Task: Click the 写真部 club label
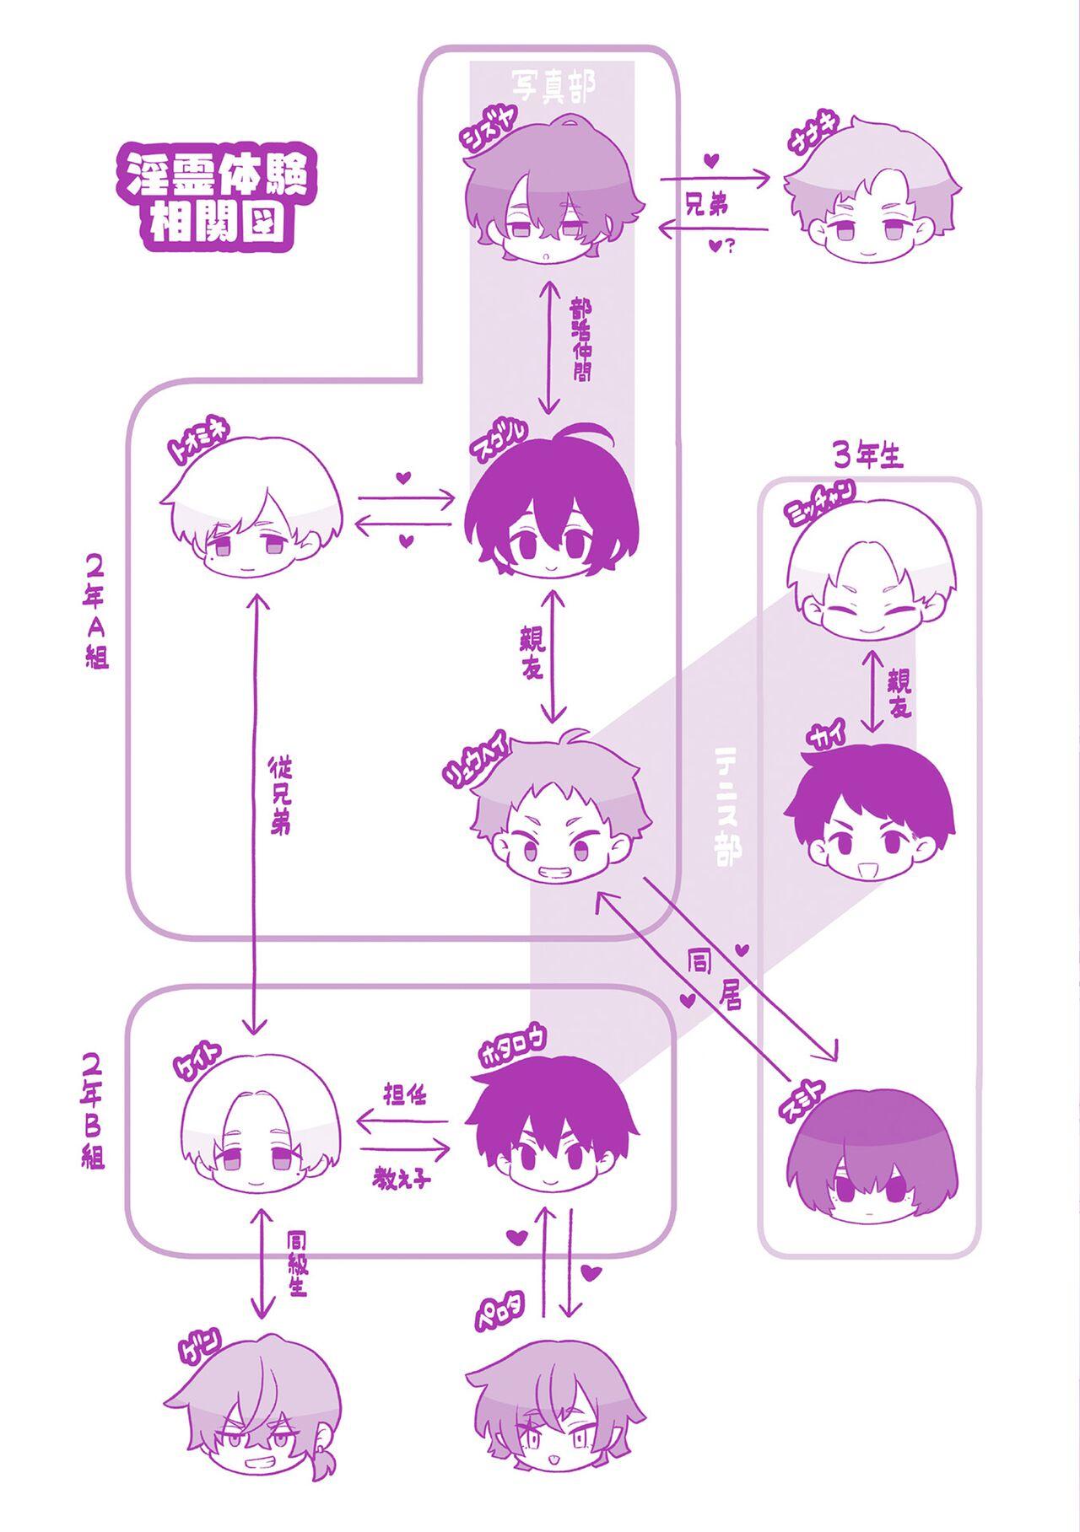click(553, 85)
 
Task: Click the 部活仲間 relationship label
click(580, 340)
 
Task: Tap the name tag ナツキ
click(799, 141)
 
